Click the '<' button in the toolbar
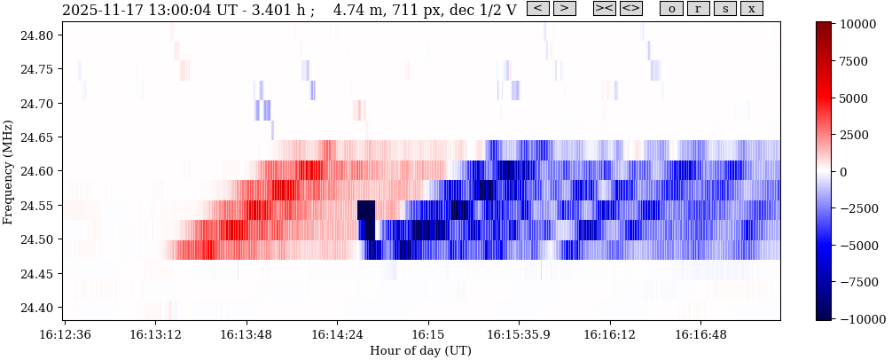pos(537,9)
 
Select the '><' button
pos(604,9)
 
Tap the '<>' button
pos(630,9)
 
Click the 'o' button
pos(671,9)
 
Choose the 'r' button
pos(698,9)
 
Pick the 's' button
pos(724,9)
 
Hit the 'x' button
pos(751,9)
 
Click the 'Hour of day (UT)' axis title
pos(420,351)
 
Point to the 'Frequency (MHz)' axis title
pos(8,171)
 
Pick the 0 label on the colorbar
pos(843,171)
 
